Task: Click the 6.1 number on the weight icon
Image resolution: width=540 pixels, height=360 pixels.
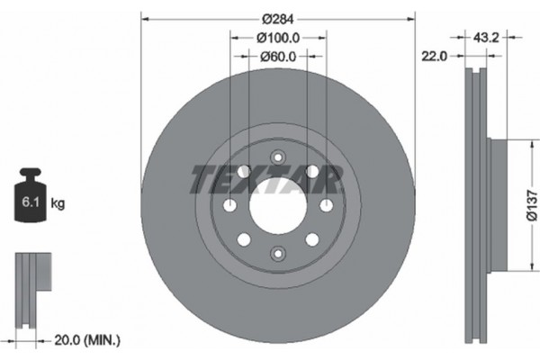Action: [x=29, y=203]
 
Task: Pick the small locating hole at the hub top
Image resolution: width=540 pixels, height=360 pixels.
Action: [x=277, y=155]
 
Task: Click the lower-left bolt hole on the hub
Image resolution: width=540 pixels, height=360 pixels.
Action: [x=242, y=240]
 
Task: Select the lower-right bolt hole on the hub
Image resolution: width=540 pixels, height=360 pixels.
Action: [x=312, y=240]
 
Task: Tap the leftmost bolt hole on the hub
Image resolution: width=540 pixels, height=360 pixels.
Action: [x=231, y=206]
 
